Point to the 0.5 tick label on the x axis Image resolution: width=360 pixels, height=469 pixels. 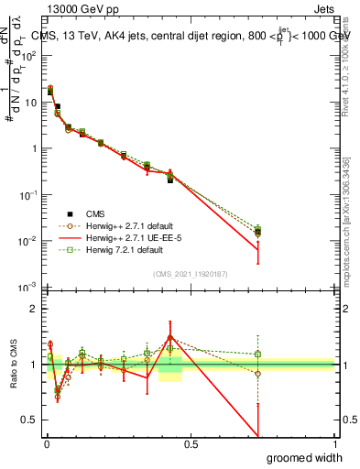[191, 443]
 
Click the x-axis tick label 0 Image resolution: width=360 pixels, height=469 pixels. [46, 443]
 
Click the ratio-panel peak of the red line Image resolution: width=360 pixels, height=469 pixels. [169, 336]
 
